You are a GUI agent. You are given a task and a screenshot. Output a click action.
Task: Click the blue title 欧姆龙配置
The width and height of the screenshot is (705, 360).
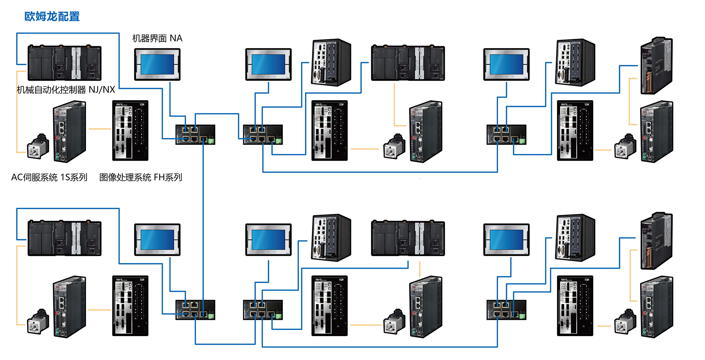click(52, 17)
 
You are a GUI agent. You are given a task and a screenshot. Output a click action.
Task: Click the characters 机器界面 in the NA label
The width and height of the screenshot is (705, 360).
click(149, 38)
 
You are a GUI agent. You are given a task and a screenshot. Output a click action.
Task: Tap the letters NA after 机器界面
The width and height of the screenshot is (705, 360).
click(176, 38)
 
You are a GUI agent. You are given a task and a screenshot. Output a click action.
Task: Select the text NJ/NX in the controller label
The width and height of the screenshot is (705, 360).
click(102, 90)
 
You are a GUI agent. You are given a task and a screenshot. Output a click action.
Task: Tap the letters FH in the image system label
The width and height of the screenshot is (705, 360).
click(159, 177)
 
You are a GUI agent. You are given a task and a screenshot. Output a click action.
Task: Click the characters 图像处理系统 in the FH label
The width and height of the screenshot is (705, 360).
click(125, 177)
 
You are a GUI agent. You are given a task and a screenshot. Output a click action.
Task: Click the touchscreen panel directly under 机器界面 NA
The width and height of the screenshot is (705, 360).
click(157, 64)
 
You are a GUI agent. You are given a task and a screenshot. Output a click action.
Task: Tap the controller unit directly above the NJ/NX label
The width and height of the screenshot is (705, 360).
click(65, 63)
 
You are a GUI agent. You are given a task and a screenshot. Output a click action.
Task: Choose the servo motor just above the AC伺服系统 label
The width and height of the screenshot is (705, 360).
click(38, 147)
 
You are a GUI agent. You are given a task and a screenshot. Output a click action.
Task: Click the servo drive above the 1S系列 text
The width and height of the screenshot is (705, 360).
click(69, 131)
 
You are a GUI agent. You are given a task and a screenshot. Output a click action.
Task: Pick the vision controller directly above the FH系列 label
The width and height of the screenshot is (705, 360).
click(130, 130)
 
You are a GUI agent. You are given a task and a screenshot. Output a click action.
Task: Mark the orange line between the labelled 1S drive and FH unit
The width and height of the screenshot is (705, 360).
click(100, 129)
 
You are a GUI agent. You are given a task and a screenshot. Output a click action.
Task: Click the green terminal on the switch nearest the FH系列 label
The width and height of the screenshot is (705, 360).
click(211, 141)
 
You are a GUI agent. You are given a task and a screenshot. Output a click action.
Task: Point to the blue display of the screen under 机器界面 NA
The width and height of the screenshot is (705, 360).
click(157, 64)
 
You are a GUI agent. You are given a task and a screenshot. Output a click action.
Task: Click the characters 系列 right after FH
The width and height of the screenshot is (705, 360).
click(174, 177)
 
